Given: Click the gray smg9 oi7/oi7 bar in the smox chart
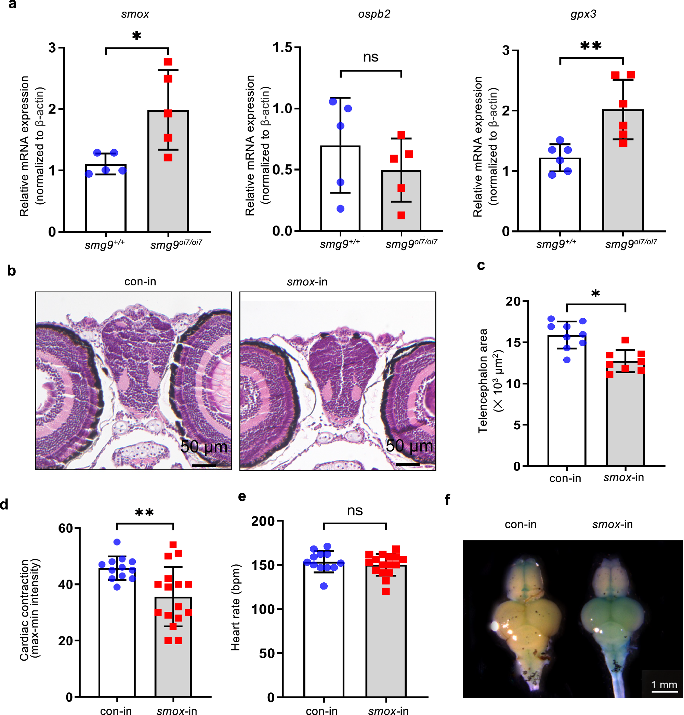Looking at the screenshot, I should coord(168,189).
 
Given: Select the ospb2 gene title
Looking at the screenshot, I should coord(374,14).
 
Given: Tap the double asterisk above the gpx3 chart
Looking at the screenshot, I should coord(591,46).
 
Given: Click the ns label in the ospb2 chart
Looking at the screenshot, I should coord(370,57).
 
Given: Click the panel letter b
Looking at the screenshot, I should coord(11,271).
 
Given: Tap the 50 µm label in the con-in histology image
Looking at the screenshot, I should coord(204,446).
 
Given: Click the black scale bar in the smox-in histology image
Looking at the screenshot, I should coord(407,464).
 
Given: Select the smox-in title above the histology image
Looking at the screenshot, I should coord(307,282).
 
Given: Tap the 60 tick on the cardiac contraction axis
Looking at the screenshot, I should coord(66,528).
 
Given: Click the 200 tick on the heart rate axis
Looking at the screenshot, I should coord(263,521).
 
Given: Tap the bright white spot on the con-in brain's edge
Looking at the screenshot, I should coord(495,626).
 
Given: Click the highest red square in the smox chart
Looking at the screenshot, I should coord(168,62).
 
